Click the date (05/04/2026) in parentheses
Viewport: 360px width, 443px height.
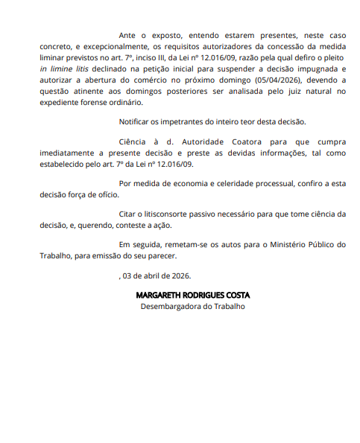click(x=282, y=79)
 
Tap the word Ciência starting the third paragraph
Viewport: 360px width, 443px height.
click(x=134, y=141)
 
